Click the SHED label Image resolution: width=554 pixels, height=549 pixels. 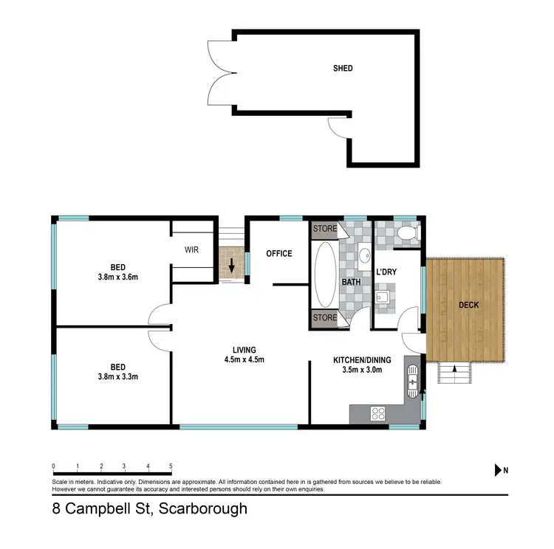pos(342,69)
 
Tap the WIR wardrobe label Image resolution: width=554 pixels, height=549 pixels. pos(193,249)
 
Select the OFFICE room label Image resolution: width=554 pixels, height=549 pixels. pos(280,254)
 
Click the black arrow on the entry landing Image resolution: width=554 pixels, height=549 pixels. pos(233,266)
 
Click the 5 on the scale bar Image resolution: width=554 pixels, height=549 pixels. pos(171,466)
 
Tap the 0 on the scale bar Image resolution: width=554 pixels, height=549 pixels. pos(53,466)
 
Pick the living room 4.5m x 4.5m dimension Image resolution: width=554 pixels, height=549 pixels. pos(244,359)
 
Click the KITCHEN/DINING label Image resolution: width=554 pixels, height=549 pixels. pos(357,360)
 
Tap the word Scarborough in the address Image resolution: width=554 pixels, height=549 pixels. pos(200,509)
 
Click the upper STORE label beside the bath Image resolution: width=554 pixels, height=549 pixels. pos(325,229)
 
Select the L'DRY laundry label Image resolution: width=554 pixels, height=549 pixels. pos(386,272)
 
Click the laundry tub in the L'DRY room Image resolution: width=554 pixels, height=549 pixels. pos(383,298)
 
